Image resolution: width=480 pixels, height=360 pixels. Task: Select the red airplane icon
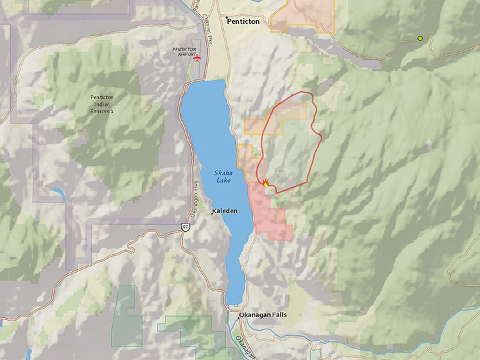point(197,59)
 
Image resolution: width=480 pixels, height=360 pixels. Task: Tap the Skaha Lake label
point(223,176)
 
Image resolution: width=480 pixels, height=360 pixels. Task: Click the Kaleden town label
point(225,211)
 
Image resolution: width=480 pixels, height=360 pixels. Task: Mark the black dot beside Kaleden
point(213,213)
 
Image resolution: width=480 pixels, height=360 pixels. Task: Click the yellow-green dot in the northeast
point(420,38)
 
